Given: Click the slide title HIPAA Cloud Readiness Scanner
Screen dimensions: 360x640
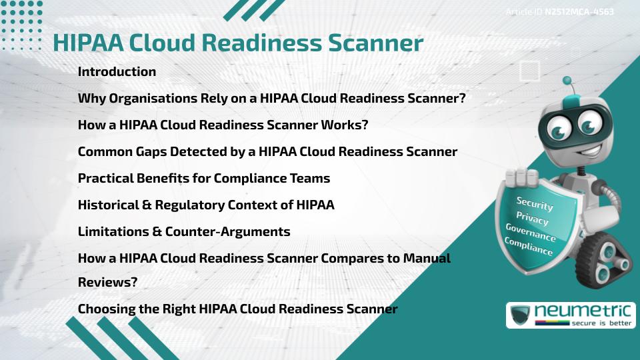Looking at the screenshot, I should click(x=238, y=43).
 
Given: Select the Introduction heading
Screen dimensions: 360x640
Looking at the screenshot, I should click(x=117, y=71).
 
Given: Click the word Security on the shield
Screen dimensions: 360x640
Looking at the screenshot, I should click(x=535, y=203).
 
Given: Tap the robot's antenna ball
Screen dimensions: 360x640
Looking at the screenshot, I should click(x=567, y=81).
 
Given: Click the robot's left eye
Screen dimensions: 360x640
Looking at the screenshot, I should click(x=557, y=124).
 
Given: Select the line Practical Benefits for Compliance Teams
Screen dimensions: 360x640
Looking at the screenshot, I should click(x=204, y=178).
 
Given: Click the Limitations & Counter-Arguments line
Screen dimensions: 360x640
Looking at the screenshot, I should click(x=184, y=231).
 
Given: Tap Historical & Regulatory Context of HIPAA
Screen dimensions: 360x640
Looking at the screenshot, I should click(x=206, y=205).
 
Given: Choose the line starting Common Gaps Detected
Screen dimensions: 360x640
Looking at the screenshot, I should click(x=267, y=151).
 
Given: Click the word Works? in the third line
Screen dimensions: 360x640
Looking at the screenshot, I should click(x=344, y=125).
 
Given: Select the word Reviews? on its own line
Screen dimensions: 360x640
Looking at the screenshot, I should click(x=107, y=282).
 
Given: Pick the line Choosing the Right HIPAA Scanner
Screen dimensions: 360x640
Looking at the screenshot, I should click(x=237, y=309).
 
